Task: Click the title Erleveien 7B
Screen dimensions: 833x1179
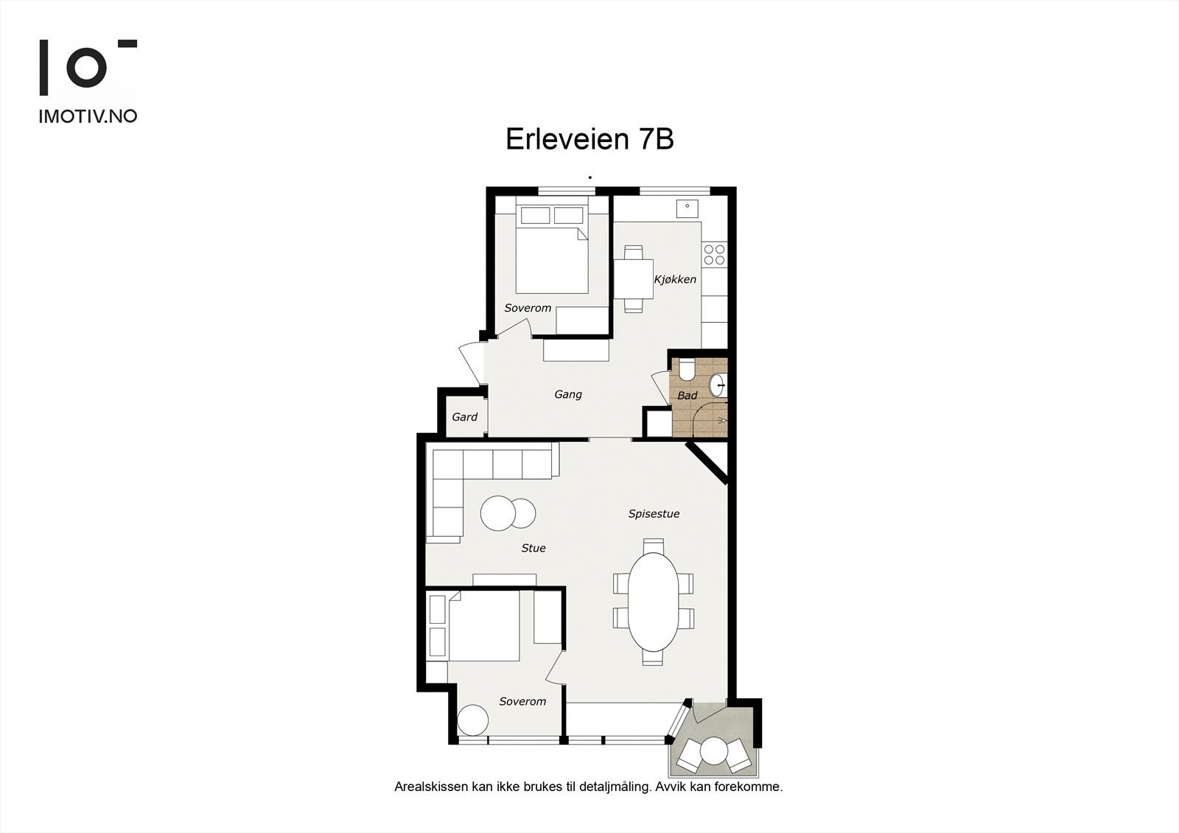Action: click(589, 139)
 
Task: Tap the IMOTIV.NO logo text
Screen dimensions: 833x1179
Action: click(88, 116)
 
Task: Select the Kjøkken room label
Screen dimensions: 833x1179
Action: click(675, 280)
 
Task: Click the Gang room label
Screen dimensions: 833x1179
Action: click(568, 395)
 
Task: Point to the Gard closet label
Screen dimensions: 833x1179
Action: click(464, 417)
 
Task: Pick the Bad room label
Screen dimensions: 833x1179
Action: click(688, 396)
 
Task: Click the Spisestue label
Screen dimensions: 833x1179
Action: click(654, 514)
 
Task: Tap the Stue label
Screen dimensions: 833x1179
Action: click(533, 548)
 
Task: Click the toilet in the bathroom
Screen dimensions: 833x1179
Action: click(687, 369)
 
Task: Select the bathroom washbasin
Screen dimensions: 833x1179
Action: click(718, 384)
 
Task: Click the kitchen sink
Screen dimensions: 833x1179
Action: click(688, 208)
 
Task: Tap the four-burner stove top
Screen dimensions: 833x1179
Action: click(714, 255)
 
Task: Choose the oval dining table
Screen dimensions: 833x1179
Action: click(653, 601)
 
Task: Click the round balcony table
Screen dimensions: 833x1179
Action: click(713, 751)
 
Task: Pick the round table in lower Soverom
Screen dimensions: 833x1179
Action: click(472, 720)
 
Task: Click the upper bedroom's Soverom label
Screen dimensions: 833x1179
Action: click(528, 308)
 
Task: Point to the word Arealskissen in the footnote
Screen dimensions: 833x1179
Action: click(430, 787)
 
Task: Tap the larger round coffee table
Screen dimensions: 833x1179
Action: click(499, 513)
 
